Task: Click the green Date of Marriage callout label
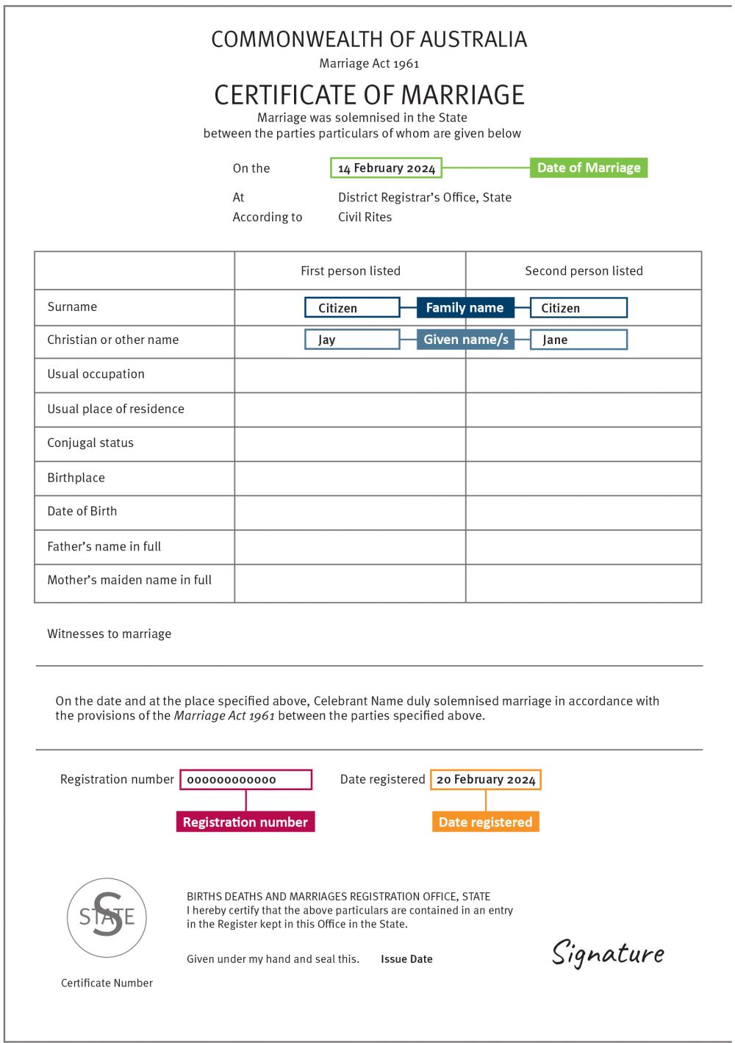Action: [588, 168]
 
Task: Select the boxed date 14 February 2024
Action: [386, 168]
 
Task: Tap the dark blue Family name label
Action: [465, 307]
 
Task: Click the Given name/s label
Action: [465, 340]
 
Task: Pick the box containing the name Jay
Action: [352, 340]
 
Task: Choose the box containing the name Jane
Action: [578, 340]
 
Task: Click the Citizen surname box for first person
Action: [352, 307]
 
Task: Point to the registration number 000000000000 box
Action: [245, 779]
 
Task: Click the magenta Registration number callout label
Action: [245, 822]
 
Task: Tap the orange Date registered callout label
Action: [485, 822]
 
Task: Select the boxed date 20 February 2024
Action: [486, 779]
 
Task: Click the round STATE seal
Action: [107, 917]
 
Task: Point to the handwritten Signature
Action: [608, 953]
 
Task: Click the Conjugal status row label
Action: [90, 442]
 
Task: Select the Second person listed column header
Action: [584, 270]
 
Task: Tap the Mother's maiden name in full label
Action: [129, 580]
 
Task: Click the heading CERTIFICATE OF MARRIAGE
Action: [369, 95]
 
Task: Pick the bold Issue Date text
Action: [406, 959]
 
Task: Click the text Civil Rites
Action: [365, 217]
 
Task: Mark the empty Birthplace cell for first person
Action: [350, 478]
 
